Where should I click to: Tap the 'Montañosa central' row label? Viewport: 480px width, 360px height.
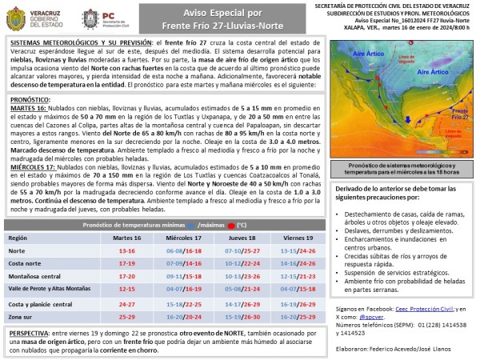[34, 276]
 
